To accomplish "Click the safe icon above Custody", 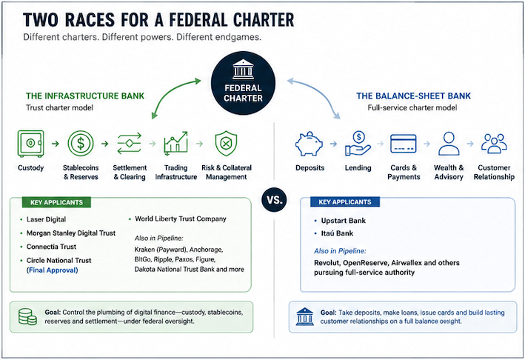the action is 30,144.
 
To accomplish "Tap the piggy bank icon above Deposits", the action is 309,144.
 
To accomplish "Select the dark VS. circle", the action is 274,199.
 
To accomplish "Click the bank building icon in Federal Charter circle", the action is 243,70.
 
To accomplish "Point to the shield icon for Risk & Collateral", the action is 226,144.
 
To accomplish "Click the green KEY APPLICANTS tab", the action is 56,202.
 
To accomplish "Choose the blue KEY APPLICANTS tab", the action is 345,202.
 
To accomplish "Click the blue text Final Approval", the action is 53,270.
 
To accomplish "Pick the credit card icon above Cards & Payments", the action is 404,144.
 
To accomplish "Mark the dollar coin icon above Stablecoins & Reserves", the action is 81,144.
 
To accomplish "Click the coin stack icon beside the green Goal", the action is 27,316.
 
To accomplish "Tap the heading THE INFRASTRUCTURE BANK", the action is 85,96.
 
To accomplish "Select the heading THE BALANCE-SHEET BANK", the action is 413,96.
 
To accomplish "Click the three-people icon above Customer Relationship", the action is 494,144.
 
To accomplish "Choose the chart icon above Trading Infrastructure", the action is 175,144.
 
